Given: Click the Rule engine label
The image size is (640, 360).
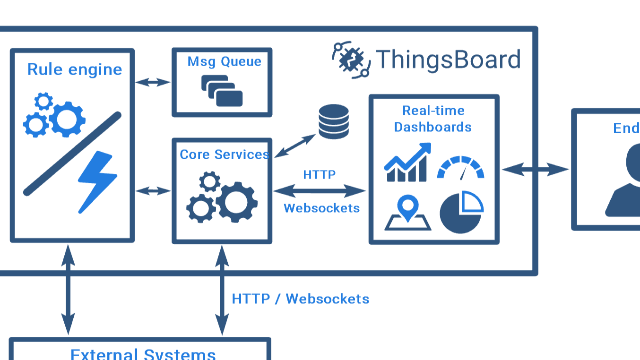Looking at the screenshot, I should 75,69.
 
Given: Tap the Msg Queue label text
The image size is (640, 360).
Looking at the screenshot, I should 224,61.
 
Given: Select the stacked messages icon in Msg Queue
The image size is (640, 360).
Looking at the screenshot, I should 222,91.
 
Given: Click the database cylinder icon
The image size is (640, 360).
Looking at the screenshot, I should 334,121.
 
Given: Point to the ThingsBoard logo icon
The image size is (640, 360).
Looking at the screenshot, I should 351,60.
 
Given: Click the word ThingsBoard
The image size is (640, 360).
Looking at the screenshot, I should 448,60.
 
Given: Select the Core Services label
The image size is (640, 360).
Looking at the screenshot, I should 224,154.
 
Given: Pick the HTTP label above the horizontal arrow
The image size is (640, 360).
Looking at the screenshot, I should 320,174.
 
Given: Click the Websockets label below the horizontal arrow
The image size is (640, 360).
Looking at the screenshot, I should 321,208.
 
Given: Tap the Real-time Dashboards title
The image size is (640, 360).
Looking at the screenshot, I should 433,119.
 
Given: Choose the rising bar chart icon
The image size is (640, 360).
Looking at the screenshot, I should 407,163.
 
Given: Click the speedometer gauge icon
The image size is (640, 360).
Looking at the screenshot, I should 460,168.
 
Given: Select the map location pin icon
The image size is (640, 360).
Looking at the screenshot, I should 407,214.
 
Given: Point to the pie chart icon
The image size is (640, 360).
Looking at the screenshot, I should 461,212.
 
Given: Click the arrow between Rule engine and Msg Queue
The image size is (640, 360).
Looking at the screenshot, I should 153,82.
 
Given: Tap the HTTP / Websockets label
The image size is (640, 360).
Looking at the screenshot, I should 301,299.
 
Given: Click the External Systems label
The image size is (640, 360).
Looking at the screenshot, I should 143,354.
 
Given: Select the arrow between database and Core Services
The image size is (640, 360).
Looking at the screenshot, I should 295,146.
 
